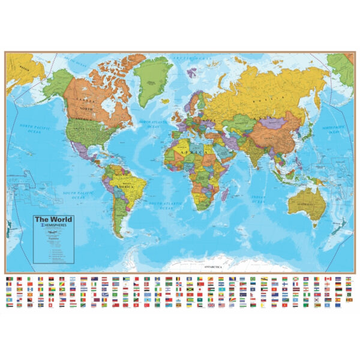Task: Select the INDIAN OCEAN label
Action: tap(258, 199)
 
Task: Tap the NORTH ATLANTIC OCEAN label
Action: tap(150, 124)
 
